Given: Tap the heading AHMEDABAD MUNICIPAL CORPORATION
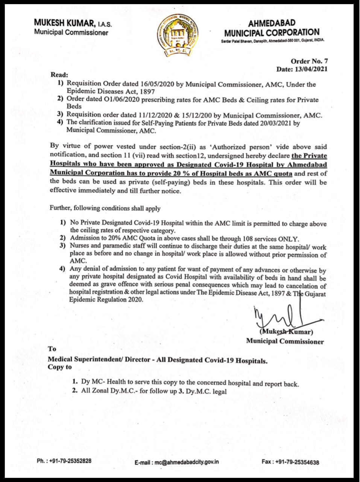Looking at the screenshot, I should (271, 28).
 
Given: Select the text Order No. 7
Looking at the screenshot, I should (309, 61).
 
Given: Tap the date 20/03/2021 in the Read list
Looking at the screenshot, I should (275, 123).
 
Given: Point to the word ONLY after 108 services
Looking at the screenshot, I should (288, 239).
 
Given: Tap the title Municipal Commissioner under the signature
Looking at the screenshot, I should (285, 342).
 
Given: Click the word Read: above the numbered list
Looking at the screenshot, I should (59, 75).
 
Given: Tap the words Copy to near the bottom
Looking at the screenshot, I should (59, 367).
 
